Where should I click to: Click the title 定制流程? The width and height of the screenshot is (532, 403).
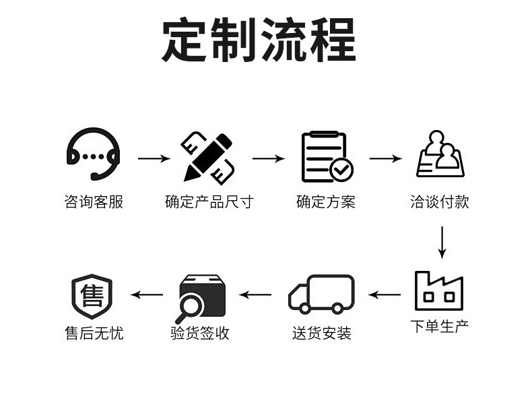coord(259,41)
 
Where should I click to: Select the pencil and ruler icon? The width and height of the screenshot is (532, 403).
coord(208,156)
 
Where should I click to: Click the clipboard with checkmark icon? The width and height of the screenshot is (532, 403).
coord(327,157)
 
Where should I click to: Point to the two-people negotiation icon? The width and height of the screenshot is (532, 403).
coord(440,154)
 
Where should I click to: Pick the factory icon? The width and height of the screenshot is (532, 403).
coord(439,290)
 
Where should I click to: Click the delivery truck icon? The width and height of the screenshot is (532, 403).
coord(321,294)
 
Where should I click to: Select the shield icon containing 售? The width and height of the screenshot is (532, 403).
coord(92,295)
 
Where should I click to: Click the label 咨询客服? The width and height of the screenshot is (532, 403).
coord(94,201)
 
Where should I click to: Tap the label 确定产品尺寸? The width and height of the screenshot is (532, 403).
coord(209,201)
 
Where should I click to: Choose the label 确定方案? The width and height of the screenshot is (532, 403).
coord(326,201)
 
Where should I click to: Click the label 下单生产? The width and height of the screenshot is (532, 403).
coord(440,327)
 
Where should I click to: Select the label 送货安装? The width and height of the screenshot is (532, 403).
coord(322,332)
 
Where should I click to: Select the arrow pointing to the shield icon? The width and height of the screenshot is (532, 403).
coord(147,294)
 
